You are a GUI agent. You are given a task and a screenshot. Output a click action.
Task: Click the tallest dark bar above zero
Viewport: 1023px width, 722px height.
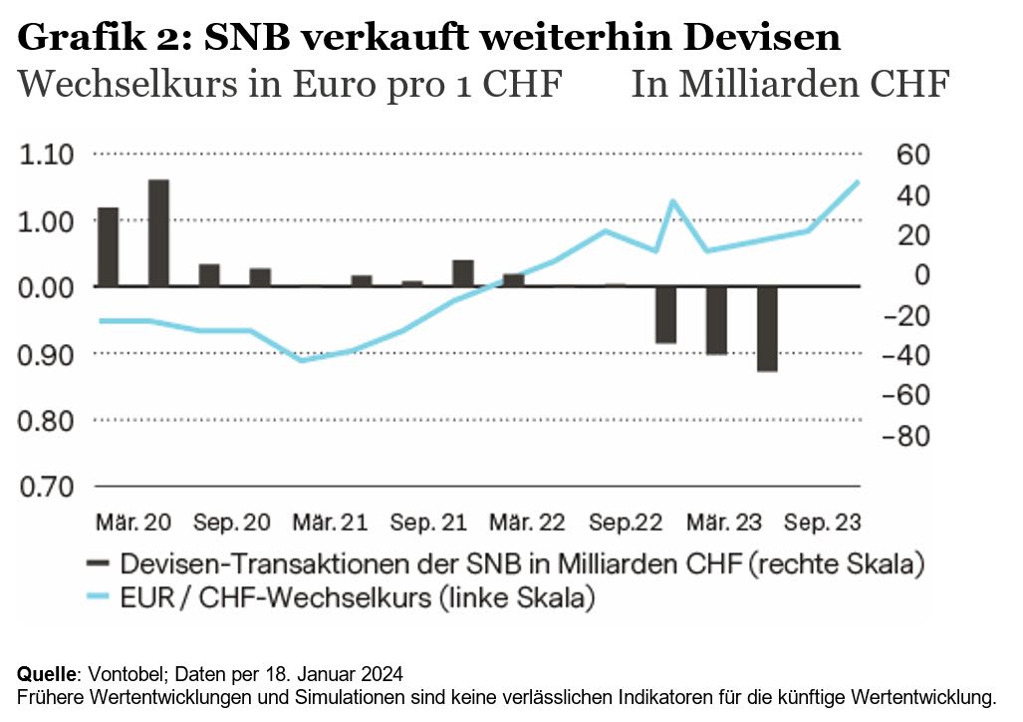[158, 232]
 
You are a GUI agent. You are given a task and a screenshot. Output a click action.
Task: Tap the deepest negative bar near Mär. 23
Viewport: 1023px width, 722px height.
[767, 329]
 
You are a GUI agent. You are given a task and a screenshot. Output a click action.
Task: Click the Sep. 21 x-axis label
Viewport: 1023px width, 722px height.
[428, 523]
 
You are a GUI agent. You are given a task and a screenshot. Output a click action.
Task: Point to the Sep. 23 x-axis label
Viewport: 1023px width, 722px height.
[822, 523]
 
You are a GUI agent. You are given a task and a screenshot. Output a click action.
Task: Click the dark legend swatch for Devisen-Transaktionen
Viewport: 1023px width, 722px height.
[98, 564]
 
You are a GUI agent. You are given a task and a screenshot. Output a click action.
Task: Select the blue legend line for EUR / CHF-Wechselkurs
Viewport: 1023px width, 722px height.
[98, 598]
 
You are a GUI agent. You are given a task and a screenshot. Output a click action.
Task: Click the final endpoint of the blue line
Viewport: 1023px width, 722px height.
[858, 181]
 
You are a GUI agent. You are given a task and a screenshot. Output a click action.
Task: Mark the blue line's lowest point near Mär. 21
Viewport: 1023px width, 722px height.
[303, 360]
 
